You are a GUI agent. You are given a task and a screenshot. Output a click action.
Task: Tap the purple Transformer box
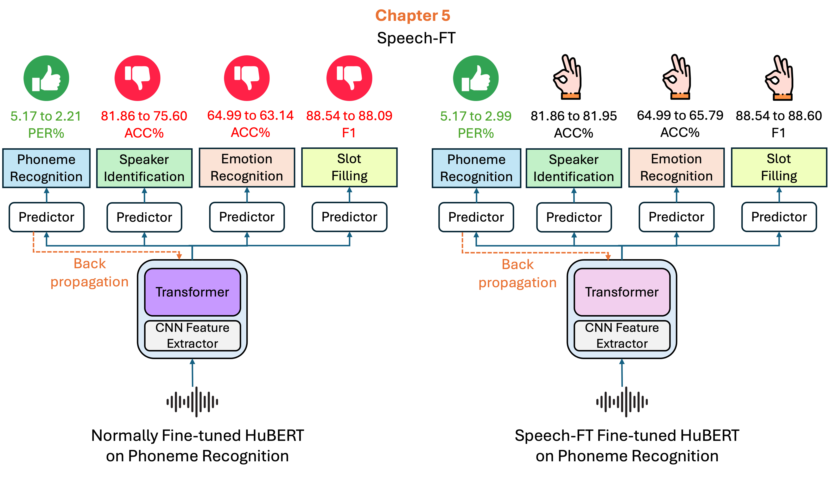[x=192, y=292]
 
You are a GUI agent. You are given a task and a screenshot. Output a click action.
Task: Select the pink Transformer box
[x=622, y=292]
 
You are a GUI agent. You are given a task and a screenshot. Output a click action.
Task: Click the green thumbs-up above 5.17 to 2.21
[x=46, y=78]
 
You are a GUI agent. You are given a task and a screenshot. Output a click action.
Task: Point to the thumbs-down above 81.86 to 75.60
[x=137, y=78]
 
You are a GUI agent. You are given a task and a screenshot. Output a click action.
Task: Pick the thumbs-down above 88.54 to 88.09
[x=349, y=78]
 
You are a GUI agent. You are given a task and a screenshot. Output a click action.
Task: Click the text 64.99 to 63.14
[x=250, y=115]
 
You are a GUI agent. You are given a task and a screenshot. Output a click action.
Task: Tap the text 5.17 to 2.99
[x=476, y=116]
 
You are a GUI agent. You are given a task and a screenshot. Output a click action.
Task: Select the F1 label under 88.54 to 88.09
[x=349, y=133]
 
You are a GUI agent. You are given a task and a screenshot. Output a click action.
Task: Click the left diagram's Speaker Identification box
[x=144, y=168]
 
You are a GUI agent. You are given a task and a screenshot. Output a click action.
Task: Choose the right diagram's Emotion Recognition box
[x=676, y=167]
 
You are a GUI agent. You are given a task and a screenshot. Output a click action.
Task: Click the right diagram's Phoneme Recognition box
[x=476, y=168]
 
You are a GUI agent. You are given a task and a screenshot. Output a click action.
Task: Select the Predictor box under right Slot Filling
[x=779, y=217]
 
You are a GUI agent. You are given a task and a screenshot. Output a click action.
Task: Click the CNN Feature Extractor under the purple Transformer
[x=192, y=336]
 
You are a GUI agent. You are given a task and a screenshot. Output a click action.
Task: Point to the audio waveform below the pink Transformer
[x=622, y=402]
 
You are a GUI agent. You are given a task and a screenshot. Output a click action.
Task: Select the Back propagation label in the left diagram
[x=89, y=273]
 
